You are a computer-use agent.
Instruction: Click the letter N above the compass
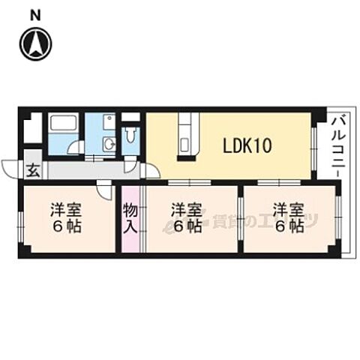click(x=35, y=16)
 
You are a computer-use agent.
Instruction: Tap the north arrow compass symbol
click(x=36, y=44)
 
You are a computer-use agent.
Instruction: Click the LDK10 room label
click(x=247, y=146)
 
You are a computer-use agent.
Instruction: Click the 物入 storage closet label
click(x=130, y=218)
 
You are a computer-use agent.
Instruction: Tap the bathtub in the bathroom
click(x=63, y=122)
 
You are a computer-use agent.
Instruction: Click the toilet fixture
click(x=130, y=135)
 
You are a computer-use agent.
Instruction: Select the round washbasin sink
click(x=109, y=144)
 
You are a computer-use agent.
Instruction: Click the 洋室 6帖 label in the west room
click(x=66, y=218)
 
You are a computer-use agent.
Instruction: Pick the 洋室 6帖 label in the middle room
click(x=187, y=218)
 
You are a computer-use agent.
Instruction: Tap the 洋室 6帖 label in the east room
click(x=289, y=218)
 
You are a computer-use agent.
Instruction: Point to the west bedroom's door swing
click(x=104, y=189)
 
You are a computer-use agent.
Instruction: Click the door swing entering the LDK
click(x=151, y=170)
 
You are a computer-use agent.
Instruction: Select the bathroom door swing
click(x=76, y=148)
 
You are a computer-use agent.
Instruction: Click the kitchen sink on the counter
click(x=185, y=145)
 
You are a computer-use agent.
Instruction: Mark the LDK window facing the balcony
click(x=314, y=149)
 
